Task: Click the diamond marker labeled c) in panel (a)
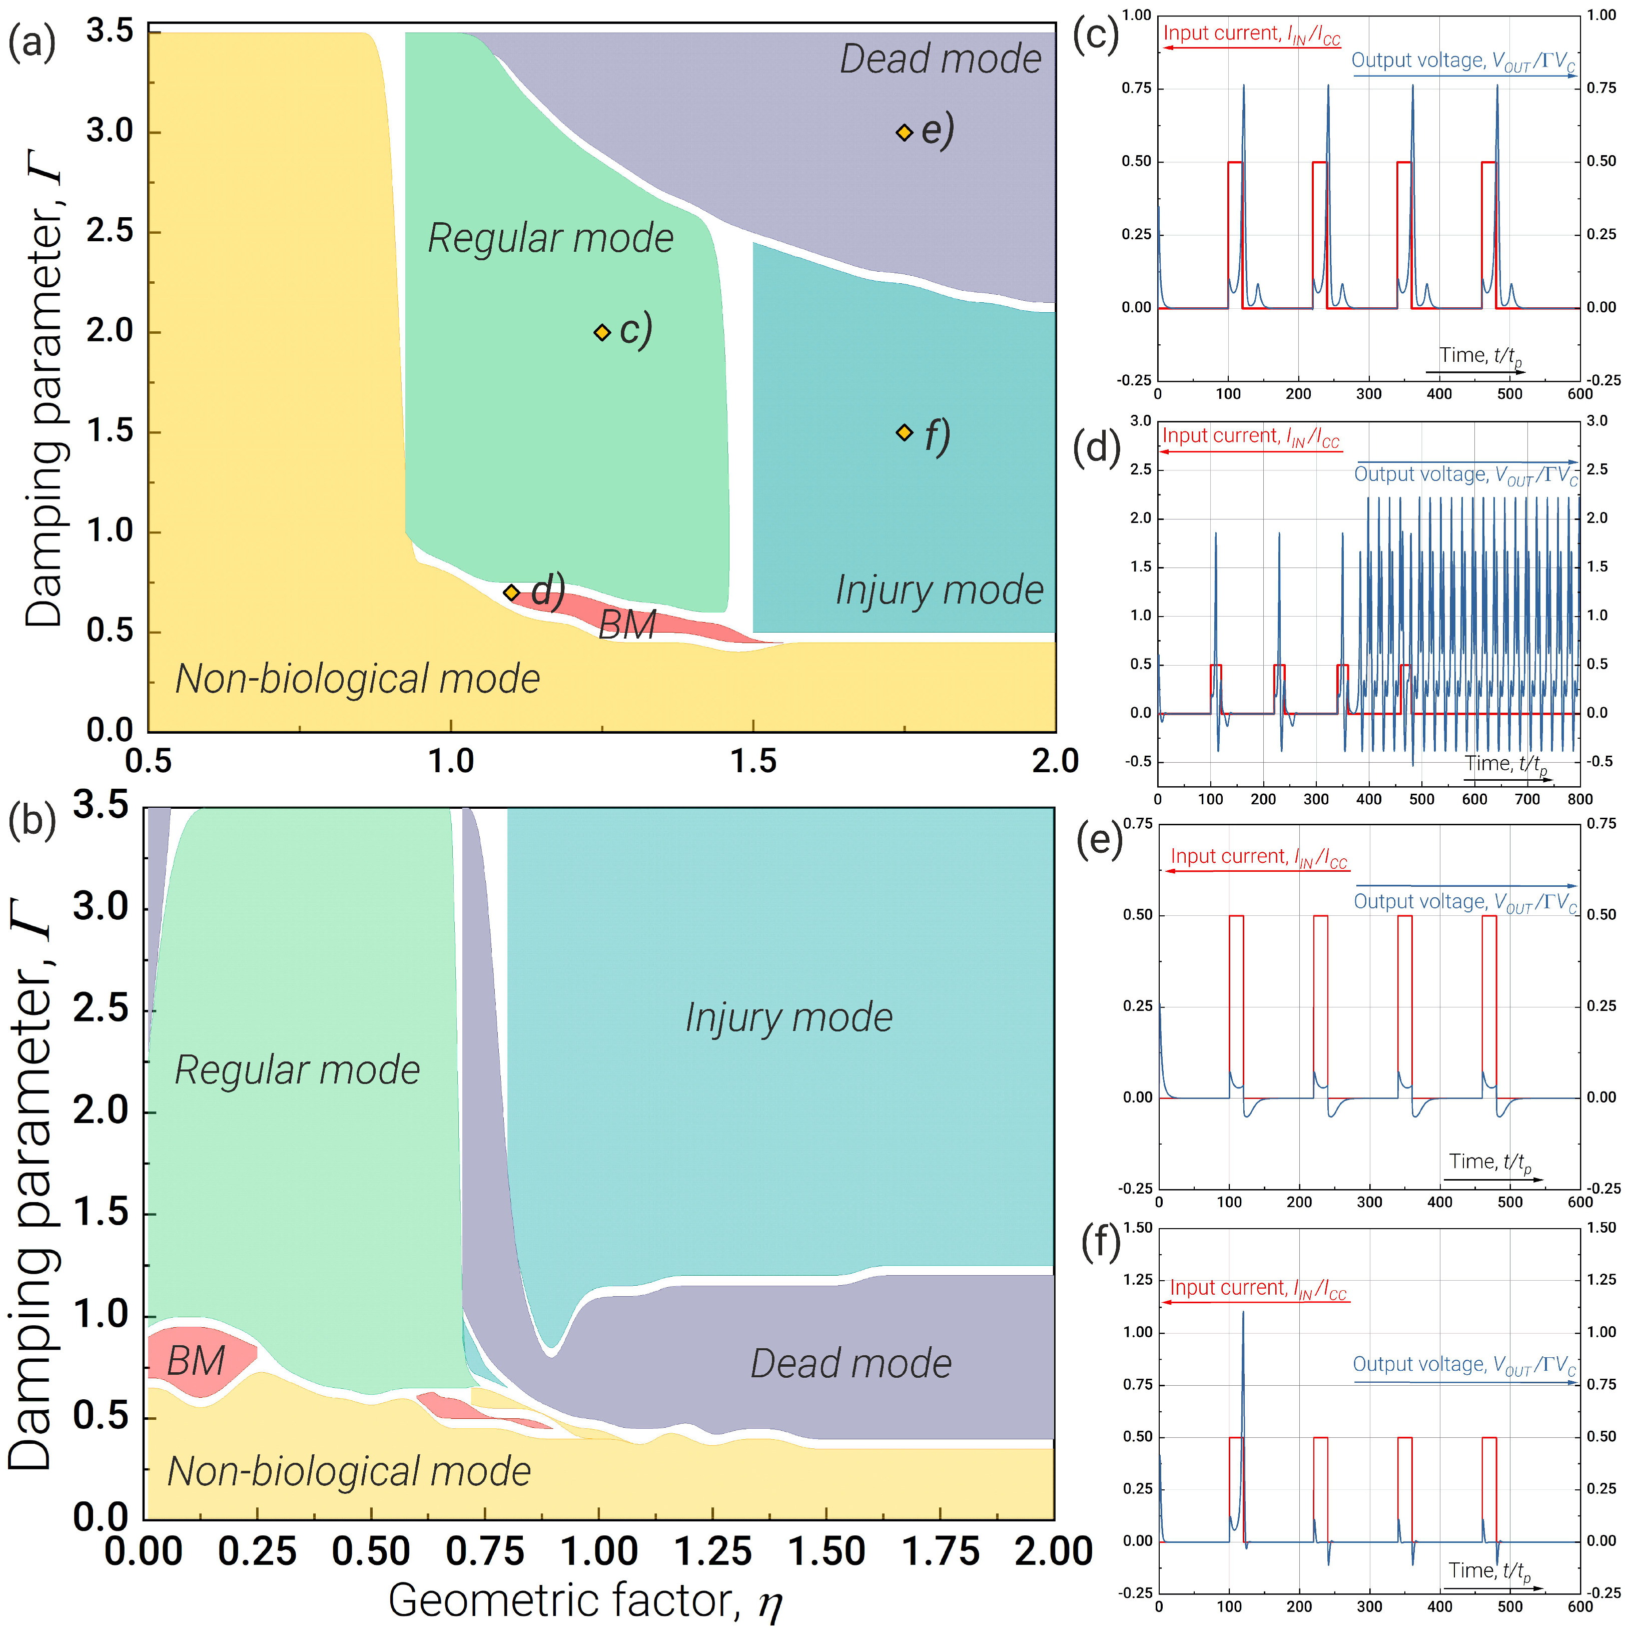coord(602,332)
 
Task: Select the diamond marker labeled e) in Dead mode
coord(905,132)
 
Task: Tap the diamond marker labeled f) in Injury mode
coord(905,432)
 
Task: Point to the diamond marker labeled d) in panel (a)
coord(511,593)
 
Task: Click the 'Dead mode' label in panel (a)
coord(940,60)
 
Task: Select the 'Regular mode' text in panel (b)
coord(297,1070)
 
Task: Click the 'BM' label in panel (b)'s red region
coord(196,1362)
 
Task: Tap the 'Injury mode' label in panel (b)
coord(788,1017)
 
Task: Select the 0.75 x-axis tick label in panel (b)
coord(485,1551)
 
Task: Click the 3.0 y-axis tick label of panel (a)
coord(110,132)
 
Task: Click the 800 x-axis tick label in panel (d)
coord(1579,799)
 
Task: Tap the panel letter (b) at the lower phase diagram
coord(32,821)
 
